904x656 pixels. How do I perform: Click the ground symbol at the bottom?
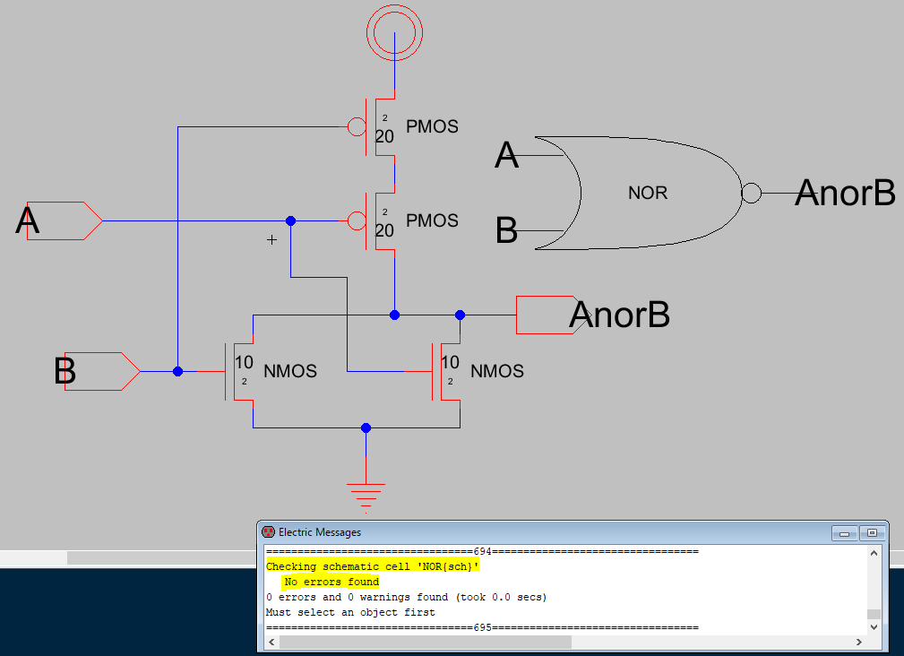point(366,492)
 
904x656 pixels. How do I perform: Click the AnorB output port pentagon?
point(547,315)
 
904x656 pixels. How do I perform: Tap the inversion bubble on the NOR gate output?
point(751,192)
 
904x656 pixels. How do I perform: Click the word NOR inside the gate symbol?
point(647,193)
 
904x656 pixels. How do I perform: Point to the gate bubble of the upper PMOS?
point(357,127)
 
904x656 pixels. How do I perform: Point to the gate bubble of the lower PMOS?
point(357,220)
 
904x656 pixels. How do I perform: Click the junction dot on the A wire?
point(290,220)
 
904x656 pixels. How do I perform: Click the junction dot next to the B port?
point(178,371)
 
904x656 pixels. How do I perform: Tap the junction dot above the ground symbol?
point(366,427)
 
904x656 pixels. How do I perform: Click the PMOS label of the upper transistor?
point(432,127)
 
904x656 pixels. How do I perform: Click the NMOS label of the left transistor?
point(289,371)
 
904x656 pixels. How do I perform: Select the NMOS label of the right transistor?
point(496,371)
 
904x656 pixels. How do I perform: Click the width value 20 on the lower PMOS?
point(384,231)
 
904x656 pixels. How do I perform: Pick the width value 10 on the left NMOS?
point(244,363)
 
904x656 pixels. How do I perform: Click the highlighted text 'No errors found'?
point(331,582)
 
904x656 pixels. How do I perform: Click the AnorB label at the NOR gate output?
point(845,192)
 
